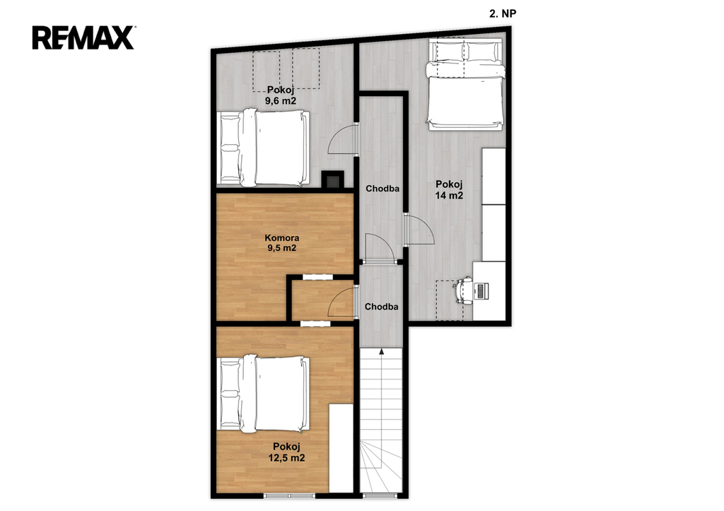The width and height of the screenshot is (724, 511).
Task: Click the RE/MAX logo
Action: pos(83,38)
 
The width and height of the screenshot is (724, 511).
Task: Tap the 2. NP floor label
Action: pos(503,14)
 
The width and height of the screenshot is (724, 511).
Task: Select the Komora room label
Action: pos(281,238)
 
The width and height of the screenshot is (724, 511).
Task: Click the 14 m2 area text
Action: pos(449,195)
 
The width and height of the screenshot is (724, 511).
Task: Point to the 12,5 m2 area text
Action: pos(286,458)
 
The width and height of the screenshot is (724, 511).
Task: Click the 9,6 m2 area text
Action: pos(281,100)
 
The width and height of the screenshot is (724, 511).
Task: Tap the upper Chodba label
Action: pos(383,188)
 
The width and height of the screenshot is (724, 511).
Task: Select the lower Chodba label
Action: pos(381,307)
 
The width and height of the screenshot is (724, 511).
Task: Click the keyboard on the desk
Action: pos(481,291)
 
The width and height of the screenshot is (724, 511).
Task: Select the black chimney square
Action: pos(332,179)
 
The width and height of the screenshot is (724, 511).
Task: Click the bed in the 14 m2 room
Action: pos(465,85)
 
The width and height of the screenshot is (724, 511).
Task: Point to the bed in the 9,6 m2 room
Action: pos(264,148)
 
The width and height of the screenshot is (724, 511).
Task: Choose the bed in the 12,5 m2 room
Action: pos(264,393)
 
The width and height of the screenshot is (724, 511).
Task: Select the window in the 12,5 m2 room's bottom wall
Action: pos(289,496)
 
